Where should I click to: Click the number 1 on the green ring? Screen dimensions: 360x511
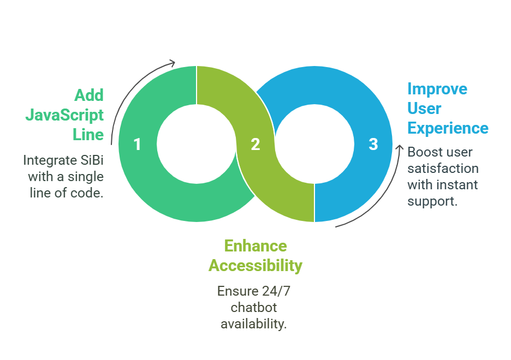137,145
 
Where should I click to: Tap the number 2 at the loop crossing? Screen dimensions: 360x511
255,145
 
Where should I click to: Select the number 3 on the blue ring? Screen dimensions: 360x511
373,145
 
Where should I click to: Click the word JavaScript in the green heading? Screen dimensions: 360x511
64,115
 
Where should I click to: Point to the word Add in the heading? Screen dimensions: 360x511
88,95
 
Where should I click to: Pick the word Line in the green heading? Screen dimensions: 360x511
88,134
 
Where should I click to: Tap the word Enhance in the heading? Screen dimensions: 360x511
255,246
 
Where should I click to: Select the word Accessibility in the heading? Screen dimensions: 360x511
255,266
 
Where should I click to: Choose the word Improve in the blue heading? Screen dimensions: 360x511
437,89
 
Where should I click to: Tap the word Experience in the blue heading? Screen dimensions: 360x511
448,128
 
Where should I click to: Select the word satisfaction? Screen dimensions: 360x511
443,169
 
